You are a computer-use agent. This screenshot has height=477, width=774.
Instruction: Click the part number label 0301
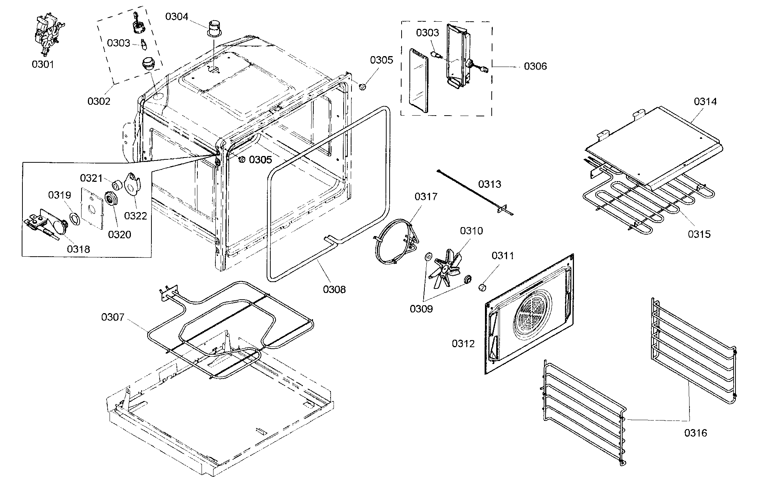pyautogui.click(x=43, y=65)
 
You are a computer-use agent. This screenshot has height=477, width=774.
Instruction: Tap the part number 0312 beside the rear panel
pyautogui.click(x=463, y=343)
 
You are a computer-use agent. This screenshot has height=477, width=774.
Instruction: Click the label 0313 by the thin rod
pyautogui.click(x=490, y=184)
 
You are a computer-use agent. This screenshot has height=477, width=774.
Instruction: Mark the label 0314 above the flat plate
pyautogui.click(x=705, y=101)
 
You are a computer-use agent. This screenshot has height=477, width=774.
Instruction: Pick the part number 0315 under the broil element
pyautogui.click(x=699, y=234)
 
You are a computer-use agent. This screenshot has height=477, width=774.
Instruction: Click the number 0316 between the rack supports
pyautogui.click(x=696, y=433)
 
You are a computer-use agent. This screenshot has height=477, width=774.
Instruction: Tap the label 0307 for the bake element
pyautogui.click(x=113, y=317)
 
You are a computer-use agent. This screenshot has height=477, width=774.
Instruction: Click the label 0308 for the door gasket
pyautogui.click(x=334, y=289)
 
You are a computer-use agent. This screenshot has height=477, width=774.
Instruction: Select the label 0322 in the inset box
pyautogui.click(x=135, y=215)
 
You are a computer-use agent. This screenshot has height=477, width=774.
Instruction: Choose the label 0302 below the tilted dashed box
pyautogui.click(x=99, y=101)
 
